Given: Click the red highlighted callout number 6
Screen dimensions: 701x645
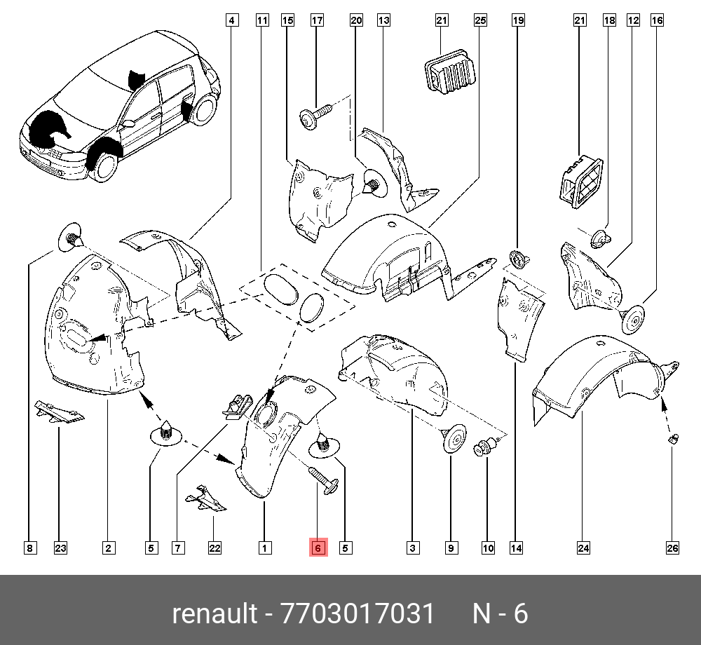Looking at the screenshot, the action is tap(318, 548).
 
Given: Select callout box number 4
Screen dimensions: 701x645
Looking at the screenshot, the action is tap(231, 21).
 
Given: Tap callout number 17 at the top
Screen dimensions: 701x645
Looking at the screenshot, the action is tap(317, 21).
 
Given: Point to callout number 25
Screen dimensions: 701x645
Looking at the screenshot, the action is tap(480, 21).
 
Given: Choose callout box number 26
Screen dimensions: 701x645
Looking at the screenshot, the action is tap(672, 548).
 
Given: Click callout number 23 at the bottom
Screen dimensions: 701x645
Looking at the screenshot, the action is tap(60, 548).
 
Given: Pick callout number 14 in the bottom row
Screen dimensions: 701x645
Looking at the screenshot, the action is tap(517, 548).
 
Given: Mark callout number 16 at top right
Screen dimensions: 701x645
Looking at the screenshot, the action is tap(657, 21).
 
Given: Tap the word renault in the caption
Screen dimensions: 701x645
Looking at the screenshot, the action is tap(214, 614).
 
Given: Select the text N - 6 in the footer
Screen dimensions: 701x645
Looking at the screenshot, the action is tap(500, 614).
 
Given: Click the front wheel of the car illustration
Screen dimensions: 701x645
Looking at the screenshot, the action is tap(104, 165).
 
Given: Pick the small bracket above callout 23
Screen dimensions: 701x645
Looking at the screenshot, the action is tap(59, 412).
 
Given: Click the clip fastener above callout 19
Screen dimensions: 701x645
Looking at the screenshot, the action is tap(517, 259).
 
